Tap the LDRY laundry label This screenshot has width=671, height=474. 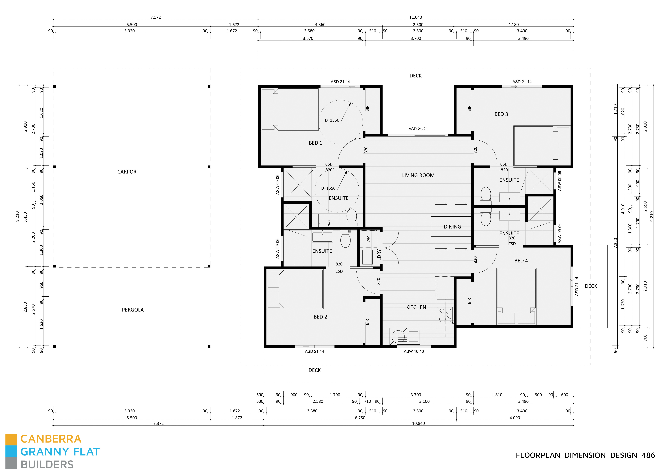pyautogui.click(x=379, y=255)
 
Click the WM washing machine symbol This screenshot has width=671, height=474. pyautogui.click(x=368, y=239)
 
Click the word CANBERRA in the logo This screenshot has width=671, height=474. pyautogui.click(x=51, y=439)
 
